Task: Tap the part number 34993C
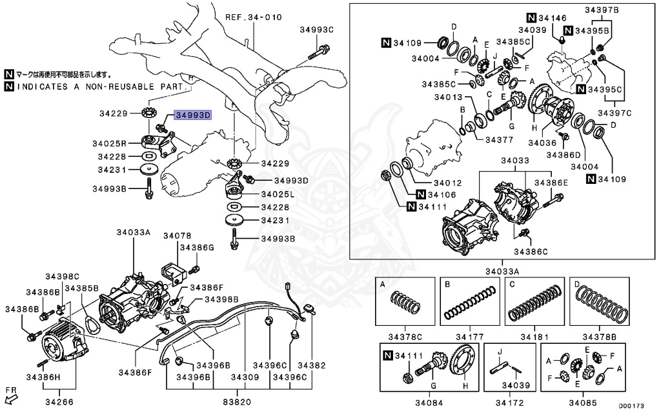[316, 30]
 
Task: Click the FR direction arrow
[12, 394]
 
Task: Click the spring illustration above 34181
[534, 303]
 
